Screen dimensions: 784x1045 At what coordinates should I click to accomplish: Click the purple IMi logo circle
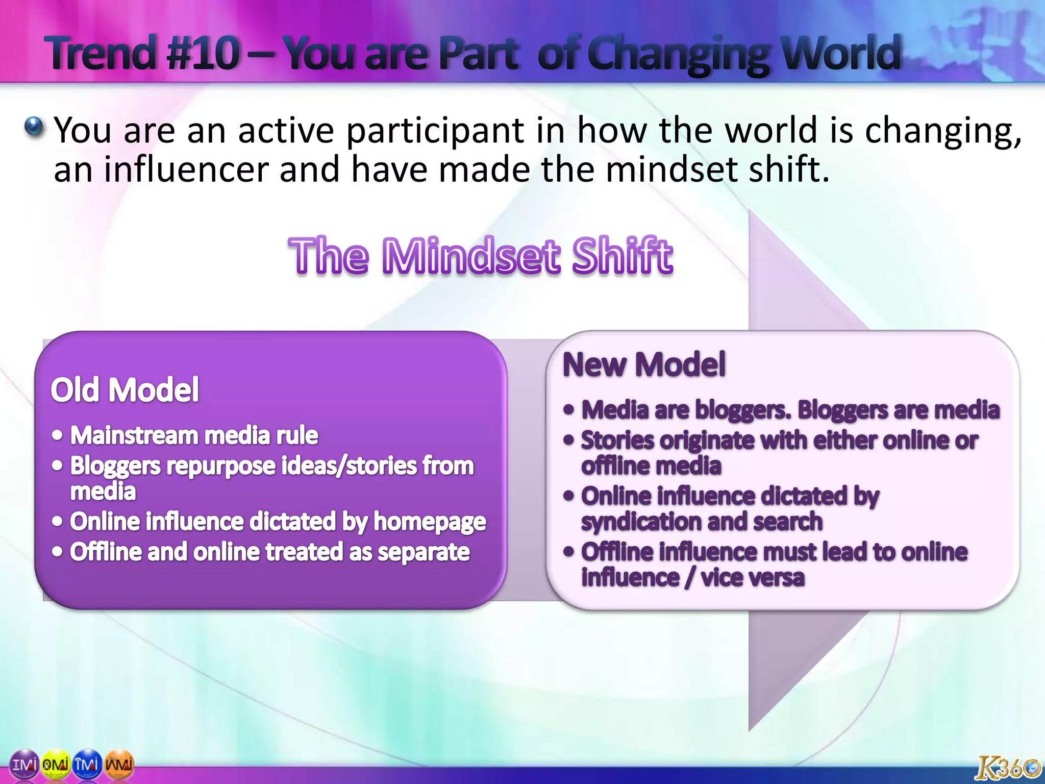24,765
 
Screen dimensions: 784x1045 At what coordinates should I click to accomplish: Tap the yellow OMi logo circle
56,765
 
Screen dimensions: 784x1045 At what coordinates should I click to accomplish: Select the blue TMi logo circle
87,765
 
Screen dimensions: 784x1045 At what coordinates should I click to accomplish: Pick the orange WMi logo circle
119,765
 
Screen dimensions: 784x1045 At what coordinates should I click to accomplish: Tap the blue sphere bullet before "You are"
34,127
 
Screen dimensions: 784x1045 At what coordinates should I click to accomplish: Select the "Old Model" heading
125,390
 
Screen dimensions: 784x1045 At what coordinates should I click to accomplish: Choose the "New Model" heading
644,364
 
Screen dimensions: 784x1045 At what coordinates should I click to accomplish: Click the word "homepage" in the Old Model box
430,522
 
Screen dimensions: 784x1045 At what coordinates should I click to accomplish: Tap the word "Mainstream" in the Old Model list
134,435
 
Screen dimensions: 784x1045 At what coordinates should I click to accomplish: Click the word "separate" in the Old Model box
424,552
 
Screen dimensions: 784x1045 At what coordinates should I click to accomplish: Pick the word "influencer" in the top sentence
186,169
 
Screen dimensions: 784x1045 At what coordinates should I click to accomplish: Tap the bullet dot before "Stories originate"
569,440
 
